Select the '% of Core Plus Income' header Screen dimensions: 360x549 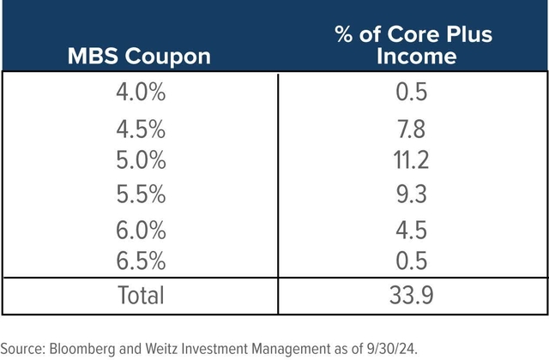pos(413,45)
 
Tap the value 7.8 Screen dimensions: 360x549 pos(413,130)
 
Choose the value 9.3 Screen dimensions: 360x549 pos(413,194)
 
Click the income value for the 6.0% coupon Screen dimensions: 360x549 pos(413,229)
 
